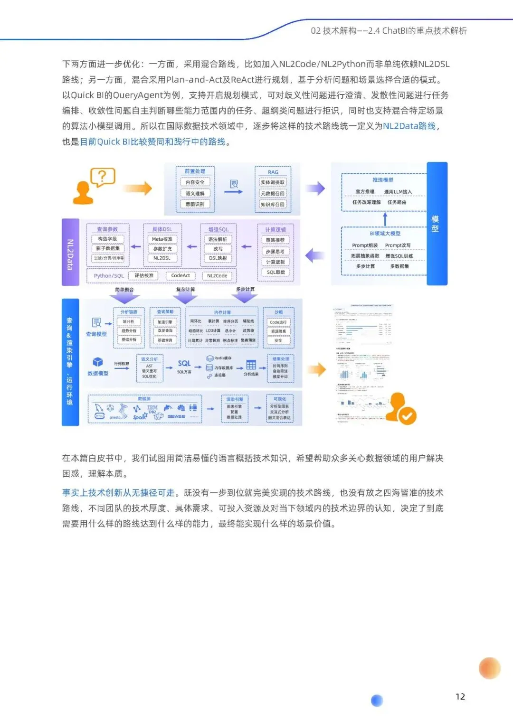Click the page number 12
point(460,697)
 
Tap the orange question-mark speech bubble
point(102,178)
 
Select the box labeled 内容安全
point(195,182)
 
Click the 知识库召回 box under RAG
point(273,205)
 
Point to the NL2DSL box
point(162,258)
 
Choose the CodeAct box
point(180,275)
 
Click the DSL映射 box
point(218,258)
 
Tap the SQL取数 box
point(275,273)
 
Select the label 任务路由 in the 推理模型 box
point(397,202)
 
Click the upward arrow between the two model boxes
point(385,219)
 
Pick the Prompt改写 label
point(398,245)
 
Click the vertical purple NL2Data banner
point(70,252)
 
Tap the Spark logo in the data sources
point(139,417)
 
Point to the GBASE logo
point(176,416)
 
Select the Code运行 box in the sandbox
point(278,322)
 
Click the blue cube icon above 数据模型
point(98,362)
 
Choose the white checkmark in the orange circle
point(407,416)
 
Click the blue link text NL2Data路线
point(409,126)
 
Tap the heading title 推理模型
point(383,180)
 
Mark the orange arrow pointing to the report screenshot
point(317,369)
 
